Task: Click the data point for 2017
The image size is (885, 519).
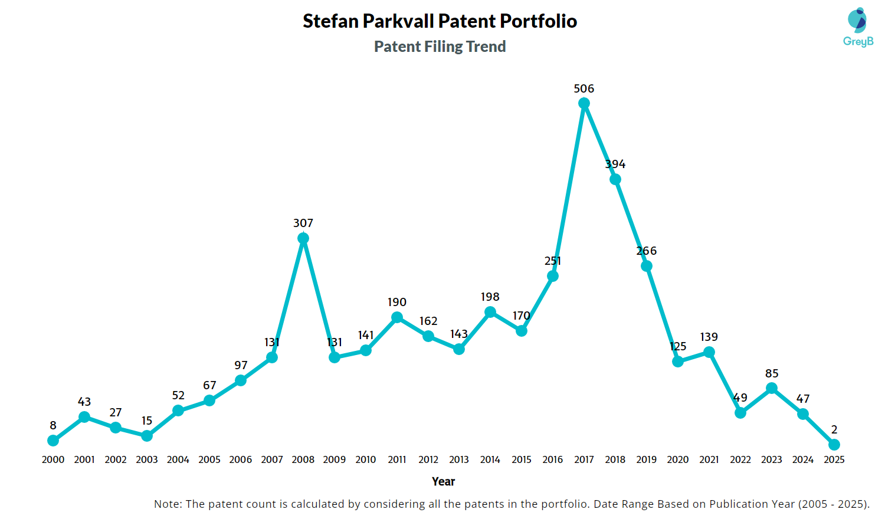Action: tap(584, 104)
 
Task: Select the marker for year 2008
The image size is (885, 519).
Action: tap(303, 238)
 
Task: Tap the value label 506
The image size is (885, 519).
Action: tap(584, 88)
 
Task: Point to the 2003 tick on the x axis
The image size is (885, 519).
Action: tap(147, 459)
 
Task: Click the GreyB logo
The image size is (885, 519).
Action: tap(858, 27)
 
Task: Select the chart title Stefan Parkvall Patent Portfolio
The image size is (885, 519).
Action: tap(440, 21)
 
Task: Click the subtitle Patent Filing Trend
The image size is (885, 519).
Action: tap(440, 47)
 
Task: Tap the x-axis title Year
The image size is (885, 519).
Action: tap(443, 481)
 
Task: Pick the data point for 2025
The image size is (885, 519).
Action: tap(834, 445)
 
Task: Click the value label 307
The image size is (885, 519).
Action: tap(303, 223)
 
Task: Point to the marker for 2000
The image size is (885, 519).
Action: tap(53, 441)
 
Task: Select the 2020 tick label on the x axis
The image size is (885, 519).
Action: tap(678, 459)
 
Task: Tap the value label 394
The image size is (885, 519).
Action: tap(615, 164)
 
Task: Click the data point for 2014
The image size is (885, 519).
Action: tap(490, 312)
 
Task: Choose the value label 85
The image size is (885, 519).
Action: tap(772, 373)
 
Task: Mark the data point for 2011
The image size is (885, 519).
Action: tap(397, 317)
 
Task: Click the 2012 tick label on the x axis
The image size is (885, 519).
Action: tap(428, 459)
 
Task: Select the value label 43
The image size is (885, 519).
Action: tap(84, 402)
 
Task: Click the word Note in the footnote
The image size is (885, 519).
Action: tap(167, 504)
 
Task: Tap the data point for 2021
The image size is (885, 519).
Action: tap(709, 352)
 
